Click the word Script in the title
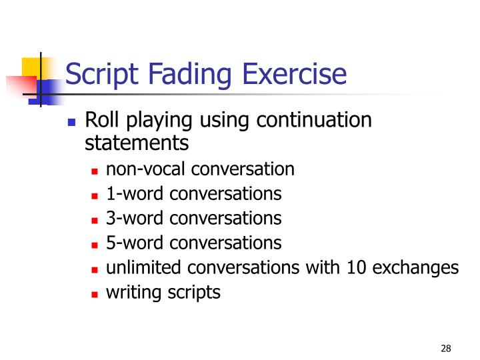tap(99, 73)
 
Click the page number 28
tap(446, 348)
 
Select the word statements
tap(137, 142)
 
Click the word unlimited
tap(144, 267)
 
